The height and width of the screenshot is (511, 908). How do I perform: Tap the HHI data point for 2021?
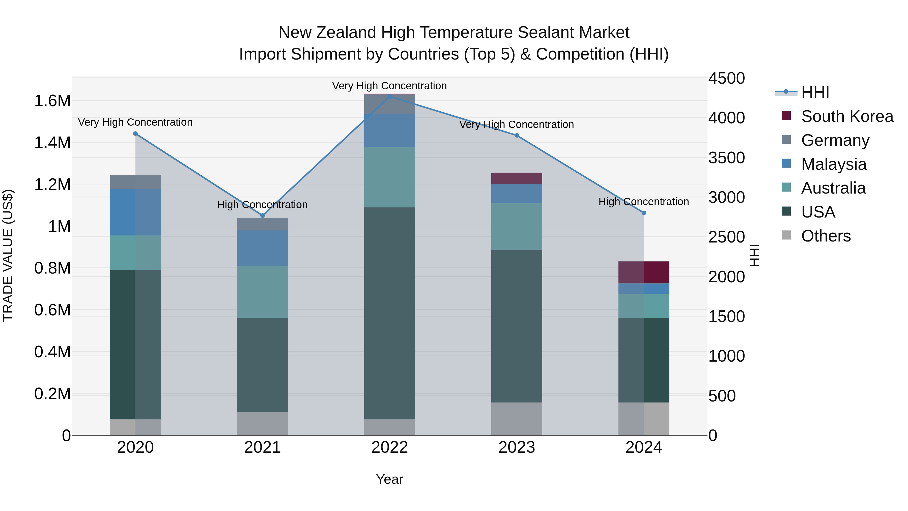262,216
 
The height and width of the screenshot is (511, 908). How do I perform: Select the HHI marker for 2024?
644,213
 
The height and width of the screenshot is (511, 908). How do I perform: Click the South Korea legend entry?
847,116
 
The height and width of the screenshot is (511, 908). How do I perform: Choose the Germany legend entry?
835,140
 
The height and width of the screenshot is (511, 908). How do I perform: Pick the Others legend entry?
826,236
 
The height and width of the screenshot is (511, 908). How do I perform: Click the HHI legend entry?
815,92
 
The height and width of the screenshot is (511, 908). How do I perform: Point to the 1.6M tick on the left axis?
52,101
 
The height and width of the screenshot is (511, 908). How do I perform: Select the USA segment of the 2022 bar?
389,313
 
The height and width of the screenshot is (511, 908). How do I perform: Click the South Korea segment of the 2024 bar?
644,272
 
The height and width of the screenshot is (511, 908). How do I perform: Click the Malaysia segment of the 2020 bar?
135,212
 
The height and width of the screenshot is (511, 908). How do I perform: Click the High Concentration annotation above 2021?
262,205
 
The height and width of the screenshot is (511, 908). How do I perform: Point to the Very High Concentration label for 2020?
135,122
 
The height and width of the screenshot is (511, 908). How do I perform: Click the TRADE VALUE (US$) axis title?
8,255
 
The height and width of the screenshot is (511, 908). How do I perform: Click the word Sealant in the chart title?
545,33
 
